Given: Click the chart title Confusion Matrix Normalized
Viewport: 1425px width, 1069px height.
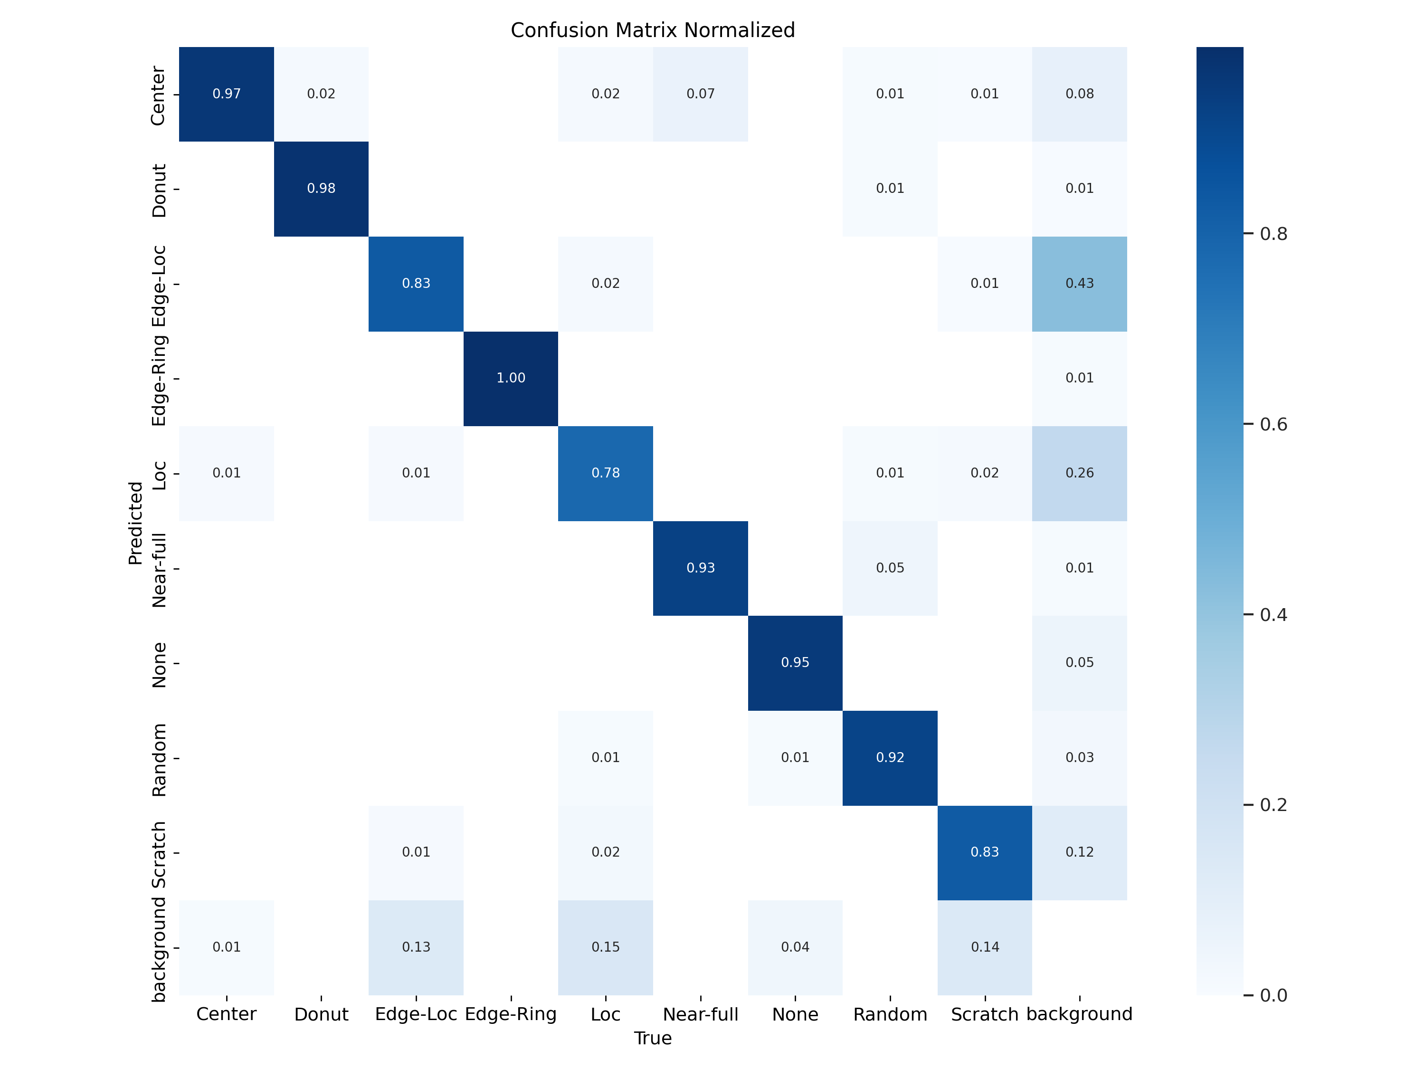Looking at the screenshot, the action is (x=653, y=30).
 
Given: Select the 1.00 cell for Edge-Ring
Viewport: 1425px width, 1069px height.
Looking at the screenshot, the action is (x=511, y=379).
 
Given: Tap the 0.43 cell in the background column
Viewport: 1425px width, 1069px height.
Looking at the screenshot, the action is (x=1080, y=284).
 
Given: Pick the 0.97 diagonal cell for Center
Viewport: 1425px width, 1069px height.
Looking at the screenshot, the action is (x=227, y=94).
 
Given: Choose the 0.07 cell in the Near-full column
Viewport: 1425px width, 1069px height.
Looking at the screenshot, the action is (x=700, y=94).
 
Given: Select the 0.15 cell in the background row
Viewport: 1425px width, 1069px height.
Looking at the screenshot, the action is (x=606, y=948).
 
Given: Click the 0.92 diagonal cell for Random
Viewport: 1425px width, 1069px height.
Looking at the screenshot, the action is (x=890, y=758).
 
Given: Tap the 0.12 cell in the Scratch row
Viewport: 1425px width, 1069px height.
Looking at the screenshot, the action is (x=1080, y=852).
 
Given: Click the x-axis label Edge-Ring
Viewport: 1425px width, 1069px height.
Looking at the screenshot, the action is (x=511, y=1015).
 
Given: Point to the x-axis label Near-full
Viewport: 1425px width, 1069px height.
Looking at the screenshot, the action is (x=700, y=1015).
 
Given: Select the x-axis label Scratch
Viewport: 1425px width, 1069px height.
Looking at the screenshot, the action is (x=984, y=1015).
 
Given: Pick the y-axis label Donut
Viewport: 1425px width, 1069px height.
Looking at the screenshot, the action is (x=159, y=190).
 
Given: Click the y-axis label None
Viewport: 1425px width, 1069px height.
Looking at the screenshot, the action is (x=159, y=664).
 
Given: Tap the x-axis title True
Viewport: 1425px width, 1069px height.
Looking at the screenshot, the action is (x=653, y=1039).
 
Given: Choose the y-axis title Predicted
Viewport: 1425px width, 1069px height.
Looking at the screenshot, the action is (x=135, y=523).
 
